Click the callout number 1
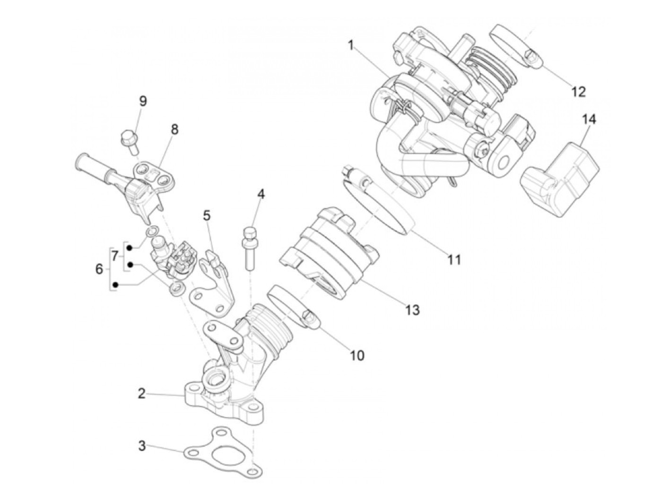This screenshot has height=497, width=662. click(x=350, y=45)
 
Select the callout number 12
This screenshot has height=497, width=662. click(x=578, y=91)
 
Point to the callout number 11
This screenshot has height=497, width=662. click(x=454, y=259)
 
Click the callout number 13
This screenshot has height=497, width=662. click(x=412, y=310)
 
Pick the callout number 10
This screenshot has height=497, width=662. click(x=357, y=355)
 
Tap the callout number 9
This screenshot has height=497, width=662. click(x=143, y=101)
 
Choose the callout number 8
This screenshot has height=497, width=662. click(x=174, y=129)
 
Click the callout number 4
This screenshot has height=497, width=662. click(x=261, y=194)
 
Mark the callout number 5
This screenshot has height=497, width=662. click(x=207, y=215)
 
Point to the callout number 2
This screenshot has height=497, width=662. click(x=142, y=393)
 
